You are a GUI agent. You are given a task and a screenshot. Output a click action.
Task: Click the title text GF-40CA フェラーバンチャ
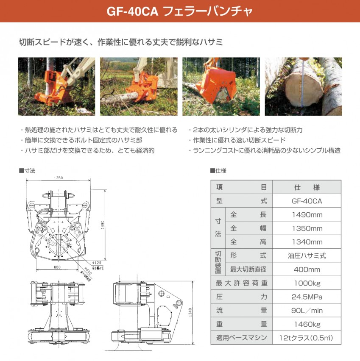click(x=179, y=11)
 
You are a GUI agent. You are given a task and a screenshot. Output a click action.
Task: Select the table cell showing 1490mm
click(x=307, y=215)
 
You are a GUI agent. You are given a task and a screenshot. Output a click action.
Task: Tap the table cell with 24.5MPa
click(x=307, y=297)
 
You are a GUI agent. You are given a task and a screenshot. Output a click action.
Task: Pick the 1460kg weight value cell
click(x=307, y=324)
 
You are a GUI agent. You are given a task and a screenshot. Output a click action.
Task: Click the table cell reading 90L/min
click(x=307, y=311)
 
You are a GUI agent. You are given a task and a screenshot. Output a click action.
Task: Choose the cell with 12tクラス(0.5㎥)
click(x=307, y=338)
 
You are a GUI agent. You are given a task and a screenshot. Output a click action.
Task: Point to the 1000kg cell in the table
click(x=307, y=283)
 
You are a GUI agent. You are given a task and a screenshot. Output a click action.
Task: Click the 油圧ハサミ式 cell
click(x=307, y=255)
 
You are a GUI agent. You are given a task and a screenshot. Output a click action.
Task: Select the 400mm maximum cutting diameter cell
click(x=307, y=269)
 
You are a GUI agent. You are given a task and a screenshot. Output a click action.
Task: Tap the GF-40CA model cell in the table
click(x=307, y=201)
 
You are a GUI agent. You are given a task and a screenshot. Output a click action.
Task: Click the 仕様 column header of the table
click(x=307, y=187)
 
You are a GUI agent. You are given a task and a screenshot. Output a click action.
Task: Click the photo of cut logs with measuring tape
click(x=303, y=87)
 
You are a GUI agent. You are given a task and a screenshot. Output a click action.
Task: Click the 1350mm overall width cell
click(x=307, y=228)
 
